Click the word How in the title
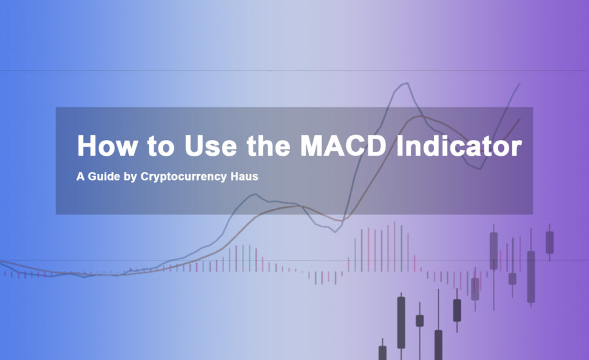pos(107,145)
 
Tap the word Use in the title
pos(211,145)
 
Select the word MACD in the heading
pos(342,145)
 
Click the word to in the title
pos(161,146)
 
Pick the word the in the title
pos(268,145)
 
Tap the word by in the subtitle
pos(130,177)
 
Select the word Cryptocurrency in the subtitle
pos(184,177)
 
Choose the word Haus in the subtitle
pos(244,176)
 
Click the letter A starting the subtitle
pos(80,176)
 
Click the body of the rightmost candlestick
pos(550,242)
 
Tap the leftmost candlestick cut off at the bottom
pos(382,353)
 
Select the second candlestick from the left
pos(401,323)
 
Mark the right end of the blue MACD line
pos(520,84)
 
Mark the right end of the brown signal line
pos(520,119)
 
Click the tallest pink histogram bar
pos(395,247)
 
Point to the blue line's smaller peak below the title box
pos(255,194)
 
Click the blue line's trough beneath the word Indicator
pos(480,169)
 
